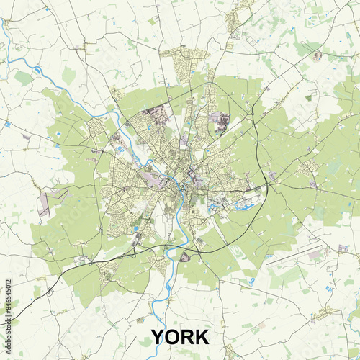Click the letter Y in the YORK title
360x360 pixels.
[158, 337]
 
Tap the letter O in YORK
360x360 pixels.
[174, 337]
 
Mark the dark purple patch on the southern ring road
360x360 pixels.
[185, 256]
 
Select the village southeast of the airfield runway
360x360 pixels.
[328, 313]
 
